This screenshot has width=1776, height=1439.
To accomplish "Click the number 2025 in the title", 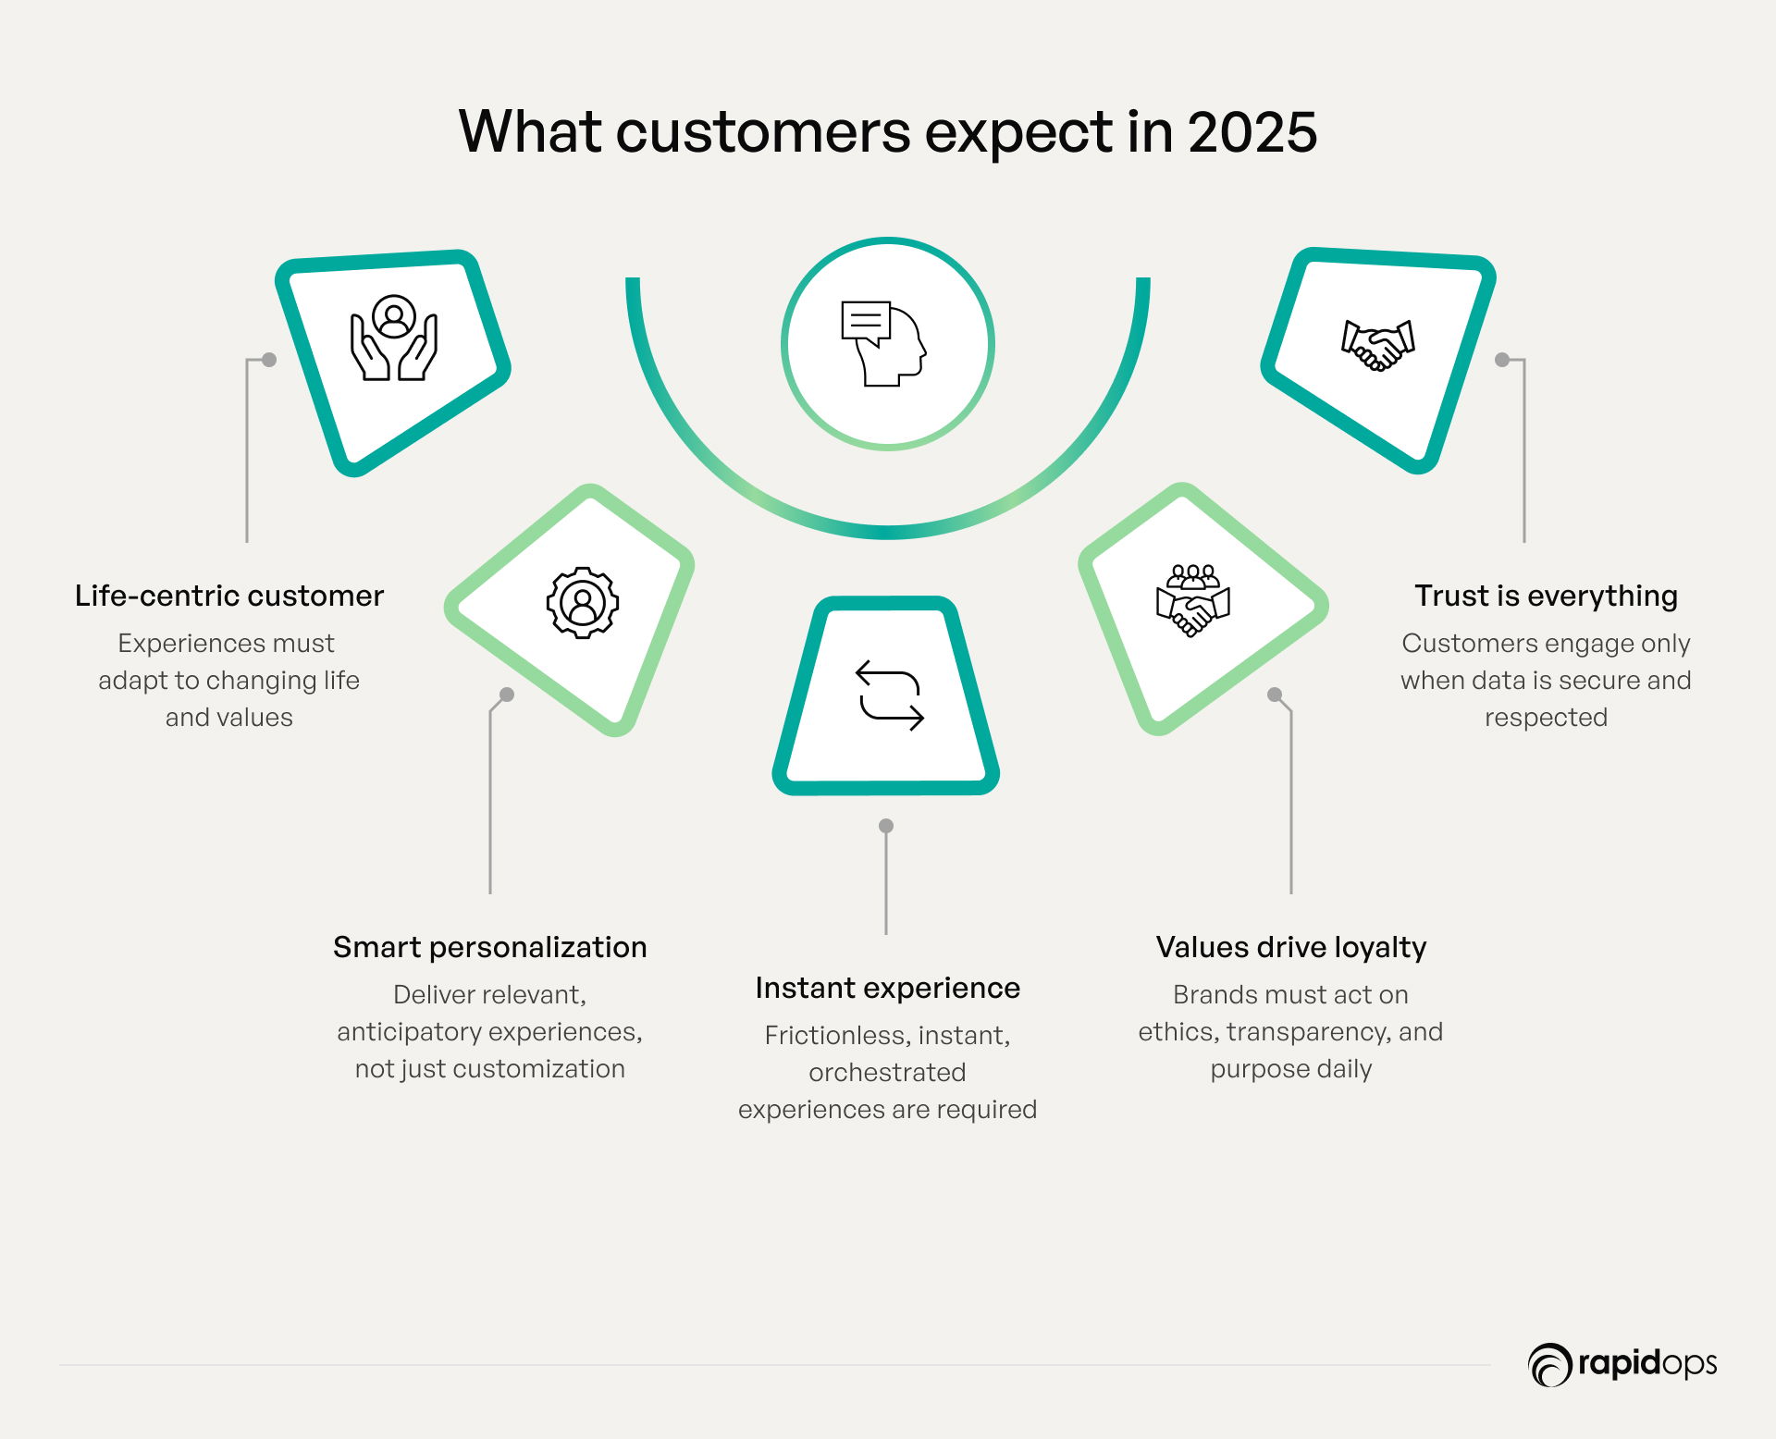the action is pyautogui.click(x=1252, y=132).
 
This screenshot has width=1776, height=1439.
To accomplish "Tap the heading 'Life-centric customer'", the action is pyautogui.click(x=229, y=596).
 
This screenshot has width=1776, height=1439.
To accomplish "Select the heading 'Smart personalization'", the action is pyautogui.click(x=490, y=947).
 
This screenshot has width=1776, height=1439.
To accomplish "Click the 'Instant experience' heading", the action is pyautogui.click(x=888, y=988).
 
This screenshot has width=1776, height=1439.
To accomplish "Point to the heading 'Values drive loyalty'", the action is pyautogui.click(x=1291, y=947).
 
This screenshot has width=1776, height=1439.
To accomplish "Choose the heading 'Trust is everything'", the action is pyautogui.click(x=1547, y=596).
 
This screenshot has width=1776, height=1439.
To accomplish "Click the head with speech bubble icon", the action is pyautogui.click(x=884, y=343).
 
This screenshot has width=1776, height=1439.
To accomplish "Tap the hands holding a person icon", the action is pyautogui.click(x=394, y=338).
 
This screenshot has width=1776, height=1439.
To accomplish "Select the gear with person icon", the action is pyautogui.click(x=583, y=602).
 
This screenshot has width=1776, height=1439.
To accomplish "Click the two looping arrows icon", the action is pyautogui.click(x=890, y=695).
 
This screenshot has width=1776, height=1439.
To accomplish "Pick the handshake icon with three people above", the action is pyautogui.click(x=1193, y=600).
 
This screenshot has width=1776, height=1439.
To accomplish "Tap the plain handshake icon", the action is pyautogui.click(x=1378, y=345).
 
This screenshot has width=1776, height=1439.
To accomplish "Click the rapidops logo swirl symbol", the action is pyautogui.click(x=1550, y=1365).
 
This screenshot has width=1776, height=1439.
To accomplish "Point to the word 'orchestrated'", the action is pyautogui.click(x=888, y=1072).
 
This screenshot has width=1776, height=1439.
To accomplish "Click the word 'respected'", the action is pyautogui.click(x=1547, y=718).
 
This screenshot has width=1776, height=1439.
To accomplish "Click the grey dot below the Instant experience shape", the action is pyautogui.click(x=886, y=826).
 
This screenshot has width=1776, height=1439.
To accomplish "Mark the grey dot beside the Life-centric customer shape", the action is pyautogui.click(x=269, y=360).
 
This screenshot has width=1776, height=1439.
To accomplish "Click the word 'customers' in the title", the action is pyautogui.click(x=764, y=132).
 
